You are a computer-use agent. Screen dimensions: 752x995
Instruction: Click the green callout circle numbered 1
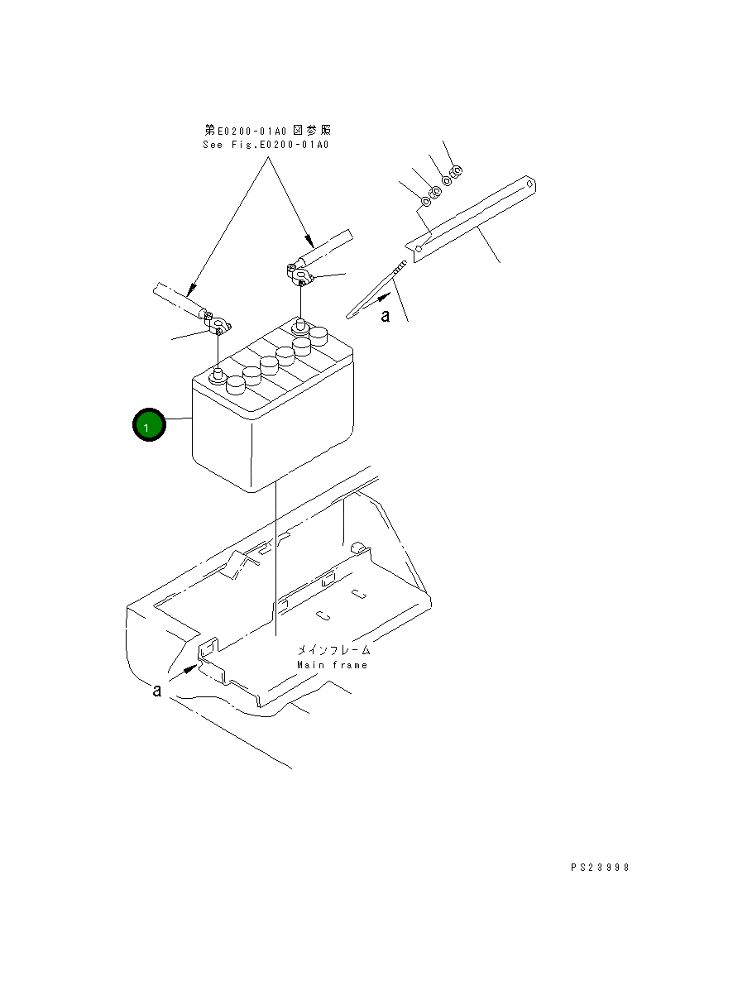point(149,426)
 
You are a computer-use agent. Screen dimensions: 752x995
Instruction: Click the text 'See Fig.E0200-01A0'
point(266,145)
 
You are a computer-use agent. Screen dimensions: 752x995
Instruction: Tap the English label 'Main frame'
point(332,665)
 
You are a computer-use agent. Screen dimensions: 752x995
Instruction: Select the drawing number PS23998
point(600,868)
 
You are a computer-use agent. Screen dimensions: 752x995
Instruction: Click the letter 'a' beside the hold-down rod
point(385,316)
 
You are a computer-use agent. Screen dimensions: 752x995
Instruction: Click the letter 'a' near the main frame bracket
point(157,690)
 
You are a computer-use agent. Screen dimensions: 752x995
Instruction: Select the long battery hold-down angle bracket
point(472,218)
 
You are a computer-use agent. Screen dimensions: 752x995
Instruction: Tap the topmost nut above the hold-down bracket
point(457,171)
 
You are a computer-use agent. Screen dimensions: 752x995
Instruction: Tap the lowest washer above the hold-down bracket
point(425,201)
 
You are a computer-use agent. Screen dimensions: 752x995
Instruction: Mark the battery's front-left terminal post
point(218,376)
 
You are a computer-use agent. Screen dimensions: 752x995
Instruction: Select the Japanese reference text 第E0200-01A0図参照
point(268,131)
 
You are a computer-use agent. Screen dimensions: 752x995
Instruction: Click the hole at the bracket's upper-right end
point(529,184)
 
